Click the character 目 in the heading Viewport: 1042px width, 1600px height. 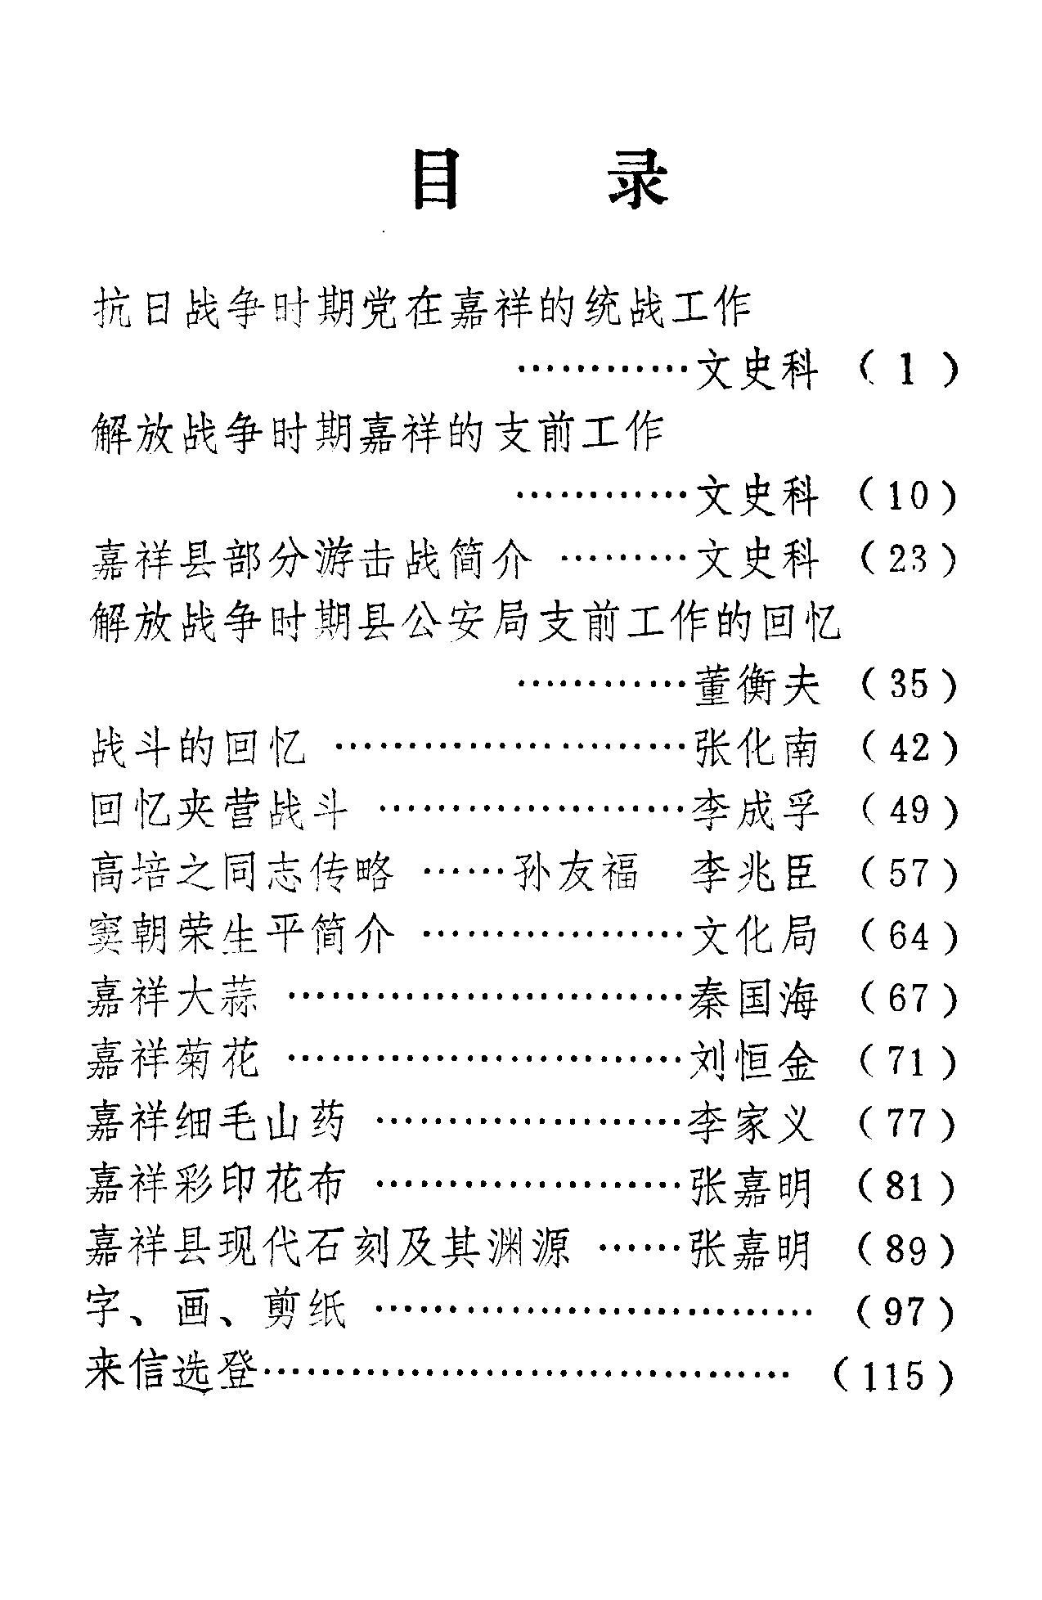435,178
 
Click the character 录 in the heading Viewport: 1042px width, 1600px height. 638,178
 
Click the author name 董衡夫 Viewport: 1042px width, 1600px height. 756,685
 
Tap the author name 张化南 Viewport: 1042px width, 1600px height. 756,748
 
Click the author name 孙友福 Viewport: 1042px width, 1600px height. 576,873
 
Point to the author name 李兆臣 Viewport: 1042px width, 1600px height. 754,873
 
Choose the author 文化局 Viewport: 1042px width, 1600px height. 754,936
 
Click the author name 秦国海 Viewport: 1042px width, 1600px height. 754,998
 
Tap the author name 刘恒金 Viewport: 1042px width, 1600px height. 754,1061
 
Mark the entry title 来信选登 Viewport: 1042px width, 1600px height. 172,1375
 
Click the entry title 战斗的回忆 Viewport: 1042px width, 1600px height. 198,748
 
